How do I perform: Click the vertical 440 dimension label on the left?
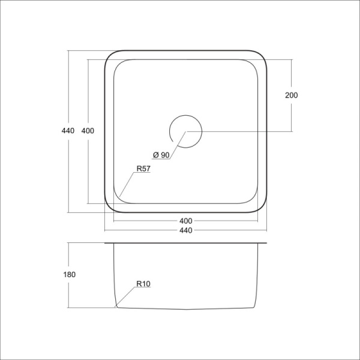[67, 131]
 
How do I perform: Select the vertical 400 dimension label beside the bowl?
[88, 131]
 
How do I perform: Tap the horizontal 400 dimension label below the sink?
[185, 220]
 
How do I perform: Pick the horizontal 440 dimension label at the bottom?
[185, 231]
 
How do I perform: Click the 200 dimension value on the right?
[292, 95]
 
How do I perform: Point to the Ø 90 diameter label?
[162, 155]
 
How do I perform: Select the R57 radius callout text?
[143, 169]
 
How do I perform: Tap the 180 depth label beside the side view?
[69, 274]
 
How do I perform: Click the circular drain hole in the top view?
[185, 131]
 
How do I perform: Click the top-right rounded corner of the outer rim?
[262, 56]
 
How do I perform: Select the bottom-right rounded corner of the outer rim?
[262, 208]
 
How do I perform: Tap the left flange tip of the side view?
[106, 244]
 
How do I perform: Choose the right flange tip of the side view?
[266, 244]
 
